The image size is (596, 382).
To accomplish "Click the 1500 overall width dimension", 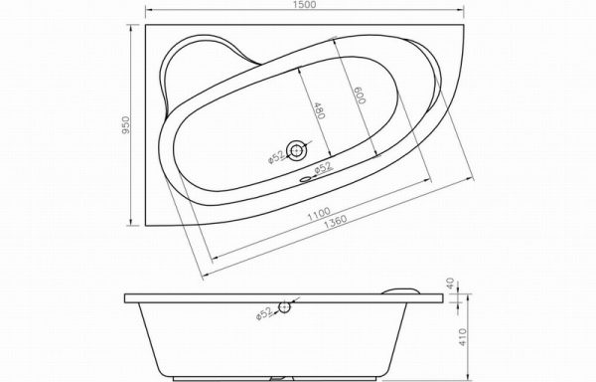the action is [x=305, y=4].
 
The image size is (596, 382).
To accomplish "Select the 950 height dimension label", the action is [x=126, y=124].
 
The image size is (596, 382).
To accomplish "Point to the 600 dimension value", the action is [x=360, y=95].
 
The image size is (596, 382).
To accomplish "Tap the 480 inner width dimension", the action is [x=319, y=110].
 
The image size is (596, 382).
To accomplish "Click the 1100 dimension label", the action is [x=319, y=214].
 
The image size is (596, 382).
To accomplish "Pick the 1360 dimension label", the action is [x=335, y=222].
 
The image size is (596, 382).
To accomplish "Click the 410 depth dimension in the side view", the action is [x=462, y=336].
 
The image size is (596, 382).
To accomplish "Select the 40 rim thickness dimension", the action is [x=450, y=284].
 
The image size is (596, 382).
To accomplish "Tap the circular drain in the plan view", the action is [x=296, y=150].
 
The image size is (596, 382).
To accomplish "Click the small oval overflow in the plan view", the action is [x=305, y=179].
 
